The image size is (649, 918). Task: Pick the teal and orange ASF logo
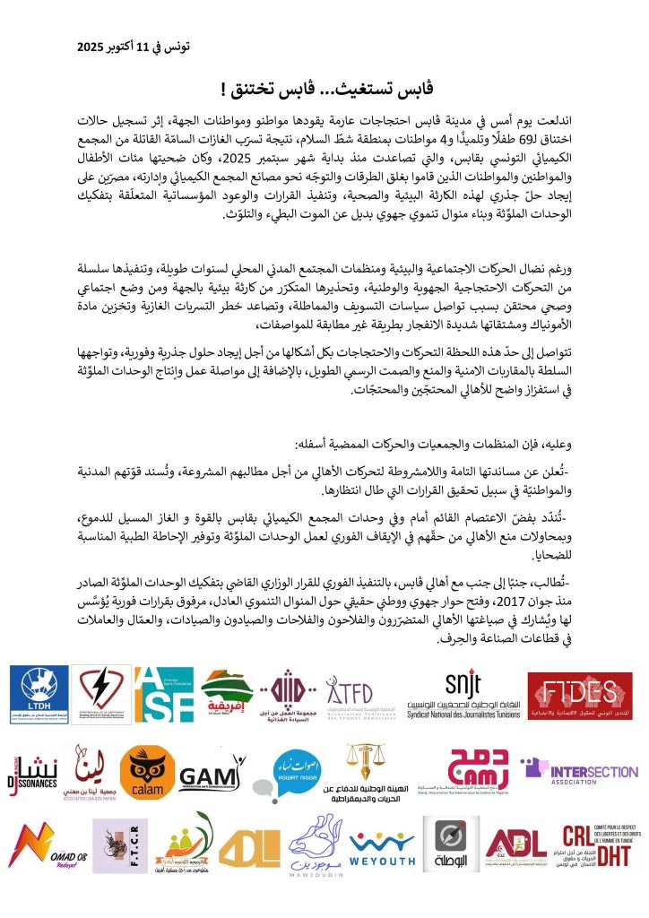pos(163,695)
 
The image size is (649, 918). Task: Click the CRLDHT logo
pos(596,845)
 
